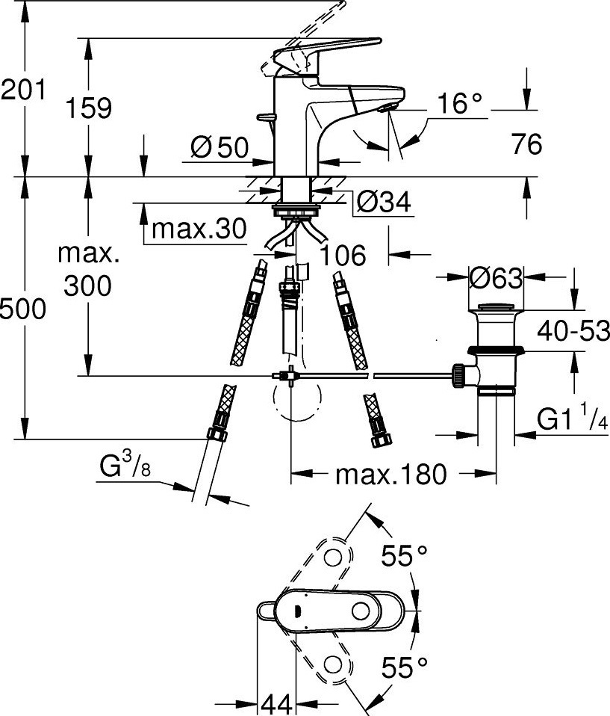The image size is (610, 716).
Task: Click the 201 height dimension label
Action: tap(23, 90)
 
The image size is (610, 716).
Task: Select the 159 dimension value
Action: tap(89, 108)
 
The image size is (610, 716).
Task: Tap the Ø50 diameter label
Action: tap(220, 147)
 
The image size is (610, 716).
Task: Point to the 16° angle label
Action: tap(459, 103)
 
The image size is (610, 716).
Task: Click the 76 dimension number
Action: tap(526, 143)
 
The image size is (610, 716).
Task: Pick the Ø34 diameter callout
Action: tap(383, 201)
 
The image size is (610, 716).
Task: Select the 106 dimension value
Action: tap(343, 255)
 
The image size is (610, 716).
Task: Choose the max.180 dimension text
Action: tap(390, 475)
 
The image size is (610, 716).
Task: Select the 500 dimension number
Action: tap(23, 309)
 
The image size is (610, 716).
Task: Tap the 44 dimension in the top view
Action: tap(277, 705)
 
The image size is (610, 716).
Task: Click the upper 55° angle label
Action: tap(404, 556)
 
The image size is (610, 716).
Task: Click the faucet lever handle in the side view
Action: tap(327, 54)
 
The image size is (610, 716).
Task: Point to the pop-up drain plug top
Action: tap(496, 307)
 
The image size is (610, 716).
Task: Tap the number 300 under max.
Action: tap(87, 286)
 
